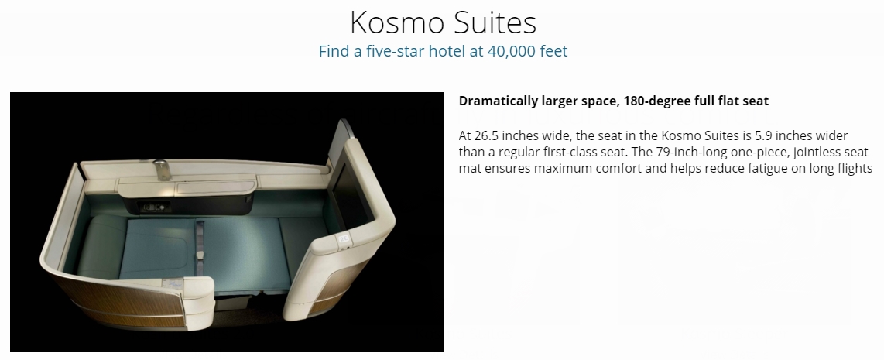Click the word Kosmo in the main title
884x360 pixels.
pos(397,23)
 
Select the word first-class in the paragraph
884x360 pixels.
pos(570,153)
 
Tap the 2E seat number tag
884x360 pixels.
pos(344,239)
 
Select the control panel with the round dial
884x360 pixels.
pos(152,207)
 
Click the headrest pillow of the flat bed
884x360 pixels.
pos(101,247)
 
